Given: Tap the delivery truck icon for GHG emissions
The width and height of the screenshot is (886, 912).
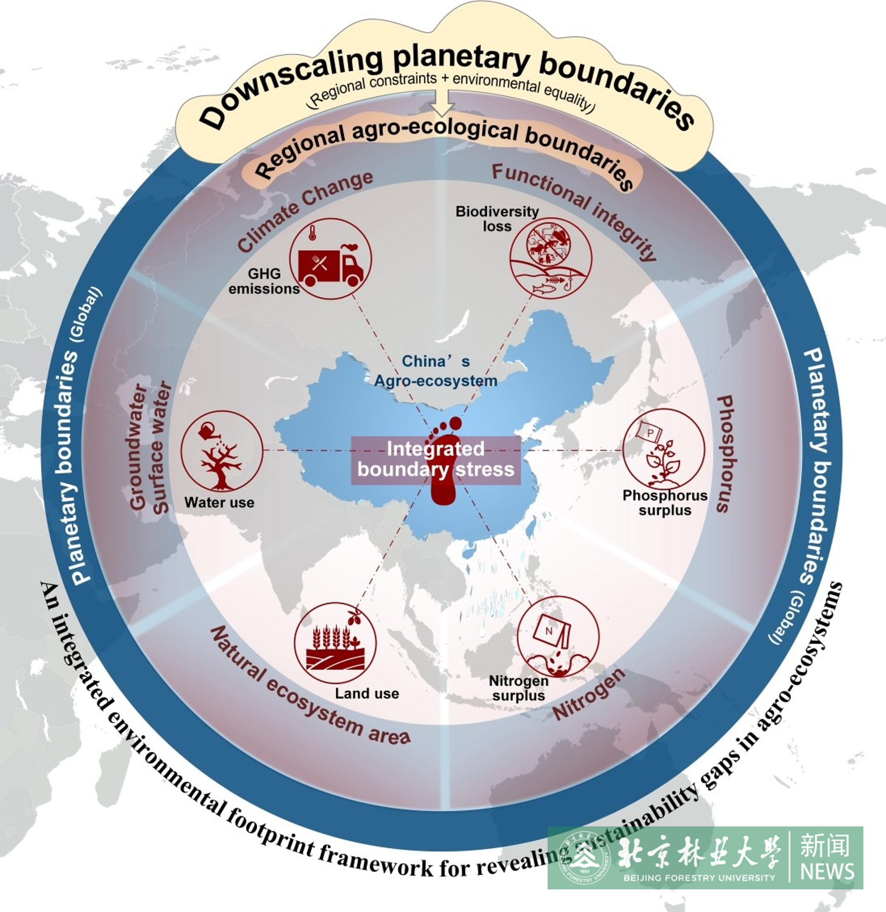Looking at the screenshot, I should [x=330, y=259].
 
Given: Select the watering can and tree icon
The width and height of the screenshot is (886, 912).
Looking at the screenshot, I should [x=221, y=450].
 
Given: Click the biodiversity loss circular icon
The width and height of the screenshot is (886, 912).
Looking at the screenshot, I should [x=550, y=258].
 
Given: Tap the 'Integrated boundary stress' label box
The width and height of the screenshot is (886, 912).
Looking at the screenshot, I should [x=436, y=460].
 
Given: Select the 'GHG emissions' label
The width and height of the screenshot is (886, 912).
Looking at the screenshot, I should [x=264, y=281].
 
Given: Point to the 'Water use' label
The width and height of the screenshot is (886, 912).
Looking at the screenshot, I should [x=219, y=503].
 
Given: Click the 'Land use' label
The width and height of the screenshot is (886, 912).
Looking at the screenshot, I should [x=367, y=693].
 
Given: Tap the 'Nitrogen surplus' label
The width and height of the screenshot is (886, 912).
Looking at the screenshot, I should [x=518, y=688].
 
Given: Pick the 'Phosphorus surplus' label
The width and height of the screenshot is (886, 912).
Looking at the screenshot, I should [x=665, y=503].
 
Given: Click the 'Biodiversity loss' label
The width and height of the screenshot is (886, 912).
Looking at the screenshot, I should [x=497, y=219].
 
